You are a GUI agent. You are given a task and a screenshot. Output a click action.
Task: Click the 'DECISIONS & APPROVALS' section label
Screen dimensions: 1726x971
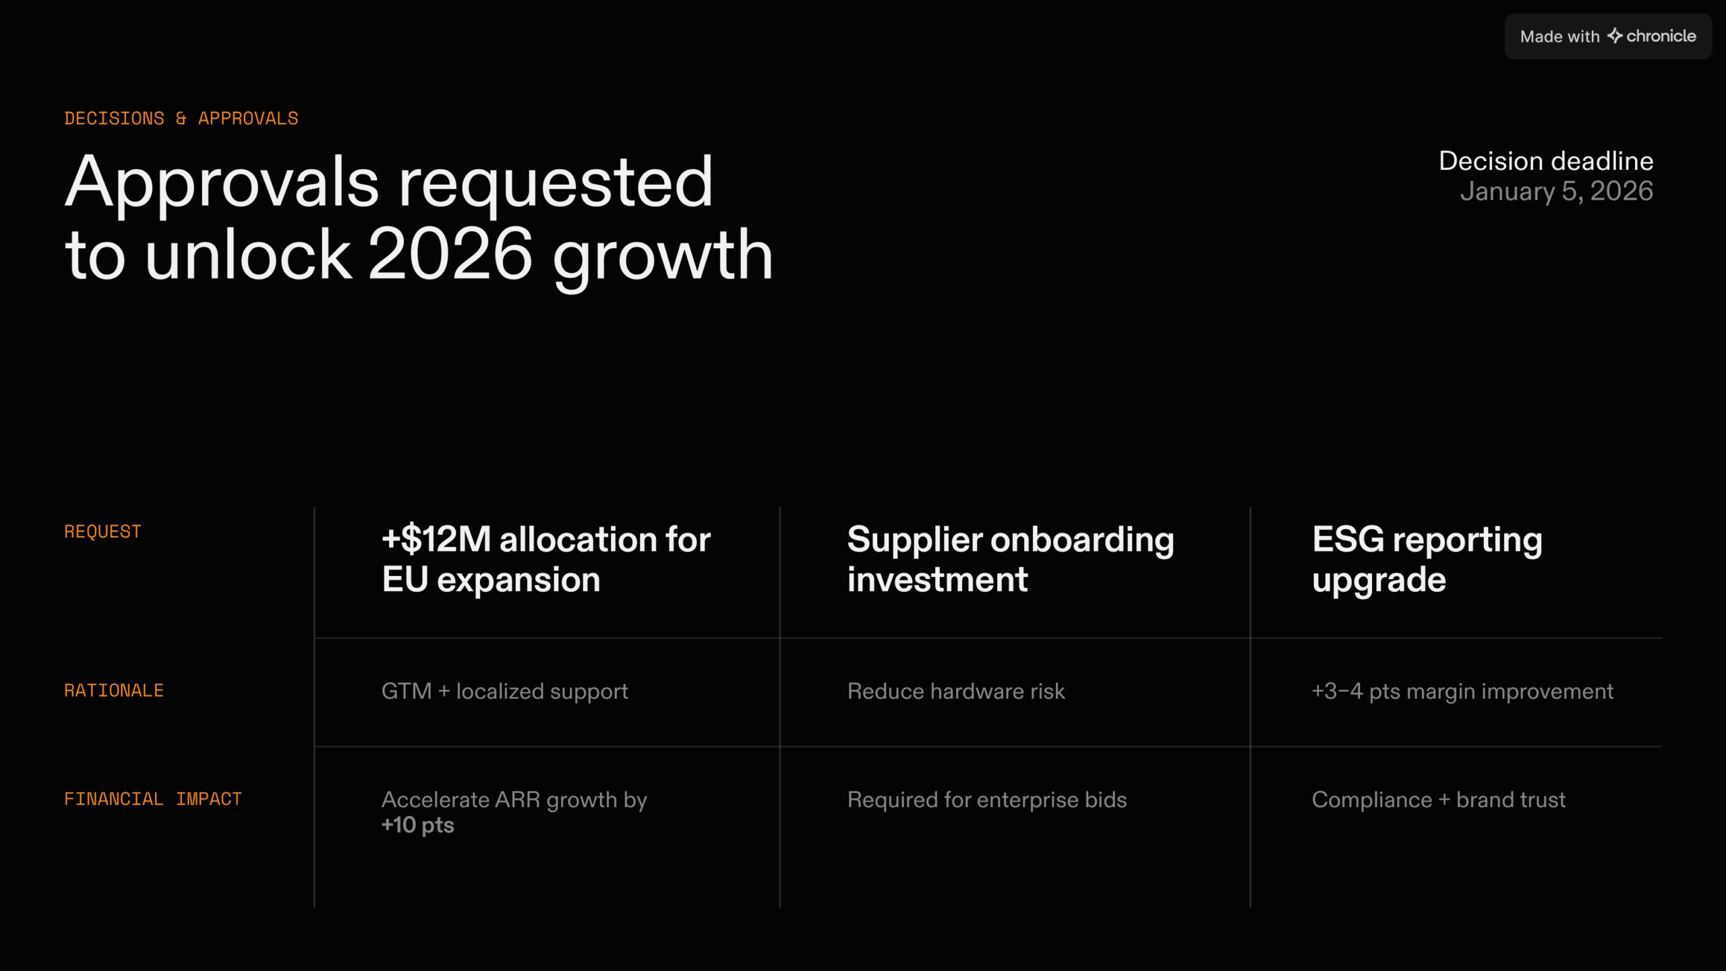pyautogui.click(x=181, y=119)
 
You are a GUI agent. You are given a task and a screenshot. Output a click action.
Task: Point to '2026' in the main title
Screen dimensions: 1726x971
pyautogui.click(x=450, y=254)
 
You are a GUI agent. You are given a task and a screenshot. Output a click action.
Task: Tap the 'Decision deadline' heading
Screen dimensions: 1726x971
pyautogui.click(x=1546, y=161)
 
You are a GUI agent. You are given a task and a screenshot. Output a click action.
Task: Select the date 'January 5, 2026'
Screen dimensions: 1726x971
pyautogui.click(x=1557, y=192)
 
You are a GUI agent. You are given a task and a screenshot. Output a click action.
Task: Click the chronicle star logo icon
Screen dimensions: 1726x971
pyautogui.click(x=1615, y=36)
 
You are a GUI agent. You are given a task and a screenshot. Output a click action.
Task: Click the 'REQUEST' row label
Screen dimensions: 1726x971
pyautogui.click(x=102, y=532)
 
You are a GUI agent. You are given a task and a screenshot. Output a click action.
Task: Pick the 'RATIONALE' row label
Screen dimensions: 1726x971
pyautogui.click(x=114, y=691)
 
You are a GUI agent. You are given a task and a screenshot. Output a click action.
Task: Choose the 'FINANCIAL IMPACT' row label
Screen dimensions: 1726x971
pyautogui.click(x=153, y=800)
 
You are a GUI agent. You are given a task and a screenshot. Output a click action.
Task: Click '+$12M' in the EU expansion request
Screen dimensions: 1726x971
pyautogui.click(x=436, y=539)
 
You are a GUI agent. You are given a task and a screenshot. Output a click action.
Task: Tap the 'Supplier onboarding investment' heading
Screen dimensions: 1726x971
pyautogui.click(x=1011, y=560)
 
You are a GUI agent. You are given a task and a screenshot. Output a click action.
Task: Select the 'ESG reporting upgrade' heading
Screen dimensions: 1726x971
pyautogui.click(x=1427, y=560)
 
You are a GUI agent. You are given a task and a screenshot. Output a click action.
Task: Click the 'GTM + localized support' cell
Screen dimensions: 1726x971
pyautogui.click(x=505, y=692)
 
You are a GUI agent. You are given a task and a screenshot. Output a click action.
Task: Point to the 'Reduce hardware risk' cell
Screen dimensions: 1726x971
pyautogui.click(x=956, y=692)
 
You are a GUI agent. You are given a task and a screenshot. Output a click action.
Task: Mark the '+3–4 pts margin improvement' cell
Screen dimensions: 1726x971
pyautogui.click(x=1462, y=692)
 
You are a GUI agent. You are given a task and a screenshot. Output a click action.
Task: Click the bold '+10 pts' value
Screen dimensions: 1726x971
pyautogui.click(x=418, y=825)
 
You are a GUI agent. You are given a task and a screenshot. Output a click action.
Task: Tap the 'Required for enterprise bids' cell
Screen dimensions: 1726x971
pyautogui.click(x=987, y=800)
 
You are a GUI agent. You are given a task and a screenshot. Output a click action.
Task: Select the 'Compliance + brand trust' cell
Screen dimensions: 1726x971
pyautogui.click(x=1439, y=800)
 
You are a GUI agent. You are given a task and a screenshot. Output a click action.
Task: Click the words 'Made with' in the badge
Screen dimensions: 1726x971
pyautogui.click(x=1559, y=36)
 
